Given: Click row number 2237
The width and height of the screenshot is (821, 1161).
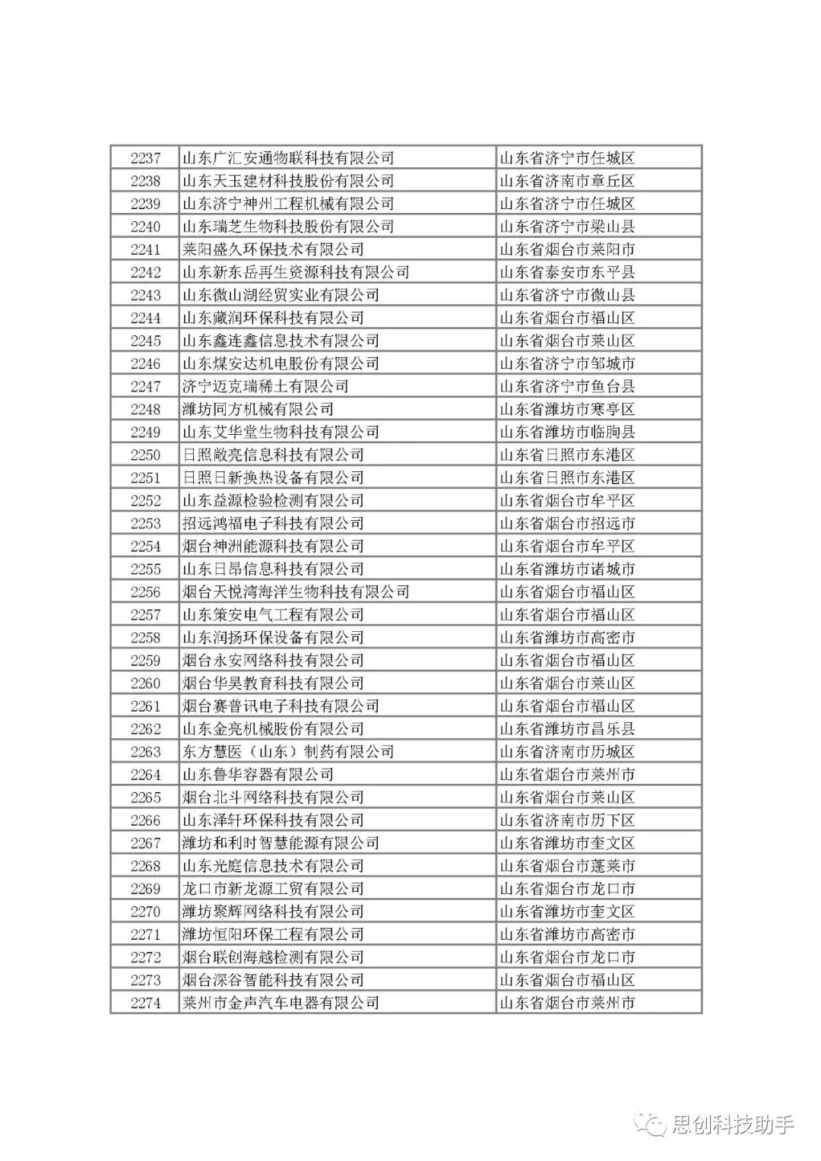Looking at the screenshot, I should [x=145, y=158].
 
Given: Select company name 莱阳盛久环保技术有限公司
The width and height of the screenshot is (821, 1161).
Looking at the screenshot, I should [x=273, y=249].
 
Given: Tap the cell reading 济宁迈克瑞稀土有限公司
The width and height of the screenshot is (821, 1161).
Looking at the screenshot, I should [x=265, y=386].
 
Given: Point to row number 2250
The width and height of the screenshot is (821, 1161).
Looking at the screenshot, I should [x=145, y=455].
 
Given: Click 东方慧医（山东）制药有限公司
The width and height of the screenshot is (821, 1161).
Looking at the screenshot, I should [x=288, y=751].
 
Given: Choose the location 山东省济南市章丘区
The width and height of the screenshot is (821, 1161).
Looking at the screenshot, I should [x=567, y=181].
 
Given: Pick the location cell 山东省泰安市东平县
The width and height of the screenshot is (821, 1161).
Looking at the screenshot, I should [x=567, y=272].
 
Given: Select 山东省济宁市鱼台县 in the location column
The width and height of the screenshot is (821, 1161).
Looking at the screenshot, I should [x=567, y=386].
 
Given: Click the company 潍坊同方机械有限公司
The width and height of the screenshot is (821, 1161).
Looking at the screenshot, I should [x=258, y=409].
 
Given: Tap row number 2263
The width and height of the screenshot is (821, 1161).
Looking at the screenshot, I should [x=145, y=751].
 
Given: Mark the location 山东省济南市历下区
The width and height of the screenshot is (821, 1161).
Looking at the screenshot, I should [x=567, y=820].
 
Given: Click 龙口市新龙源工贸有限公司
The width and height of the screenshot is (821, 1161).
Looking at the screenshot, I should [x=273, y=888].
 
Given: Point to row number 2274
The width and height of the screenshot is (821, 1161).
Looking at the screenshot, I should [x=145, y=1002].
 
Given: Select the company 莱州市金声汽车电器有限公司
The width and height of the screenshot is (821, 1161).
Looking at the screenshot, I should [x=281, y=1002].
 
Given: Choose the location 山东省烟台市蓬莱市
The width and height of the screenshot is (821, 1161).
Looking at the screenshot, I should [x=567, y=865].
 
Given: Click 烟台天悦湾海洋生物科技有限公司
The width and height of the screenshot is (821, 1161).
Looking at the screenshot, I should [x=296, y=592].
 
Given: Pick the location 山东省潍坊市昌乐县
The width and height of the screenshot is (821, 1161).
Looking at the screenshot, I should [x=567, y=728].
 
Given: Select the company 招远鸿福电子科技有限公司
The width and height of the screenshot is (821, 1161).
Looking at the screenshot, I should [x=273, y=523].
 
